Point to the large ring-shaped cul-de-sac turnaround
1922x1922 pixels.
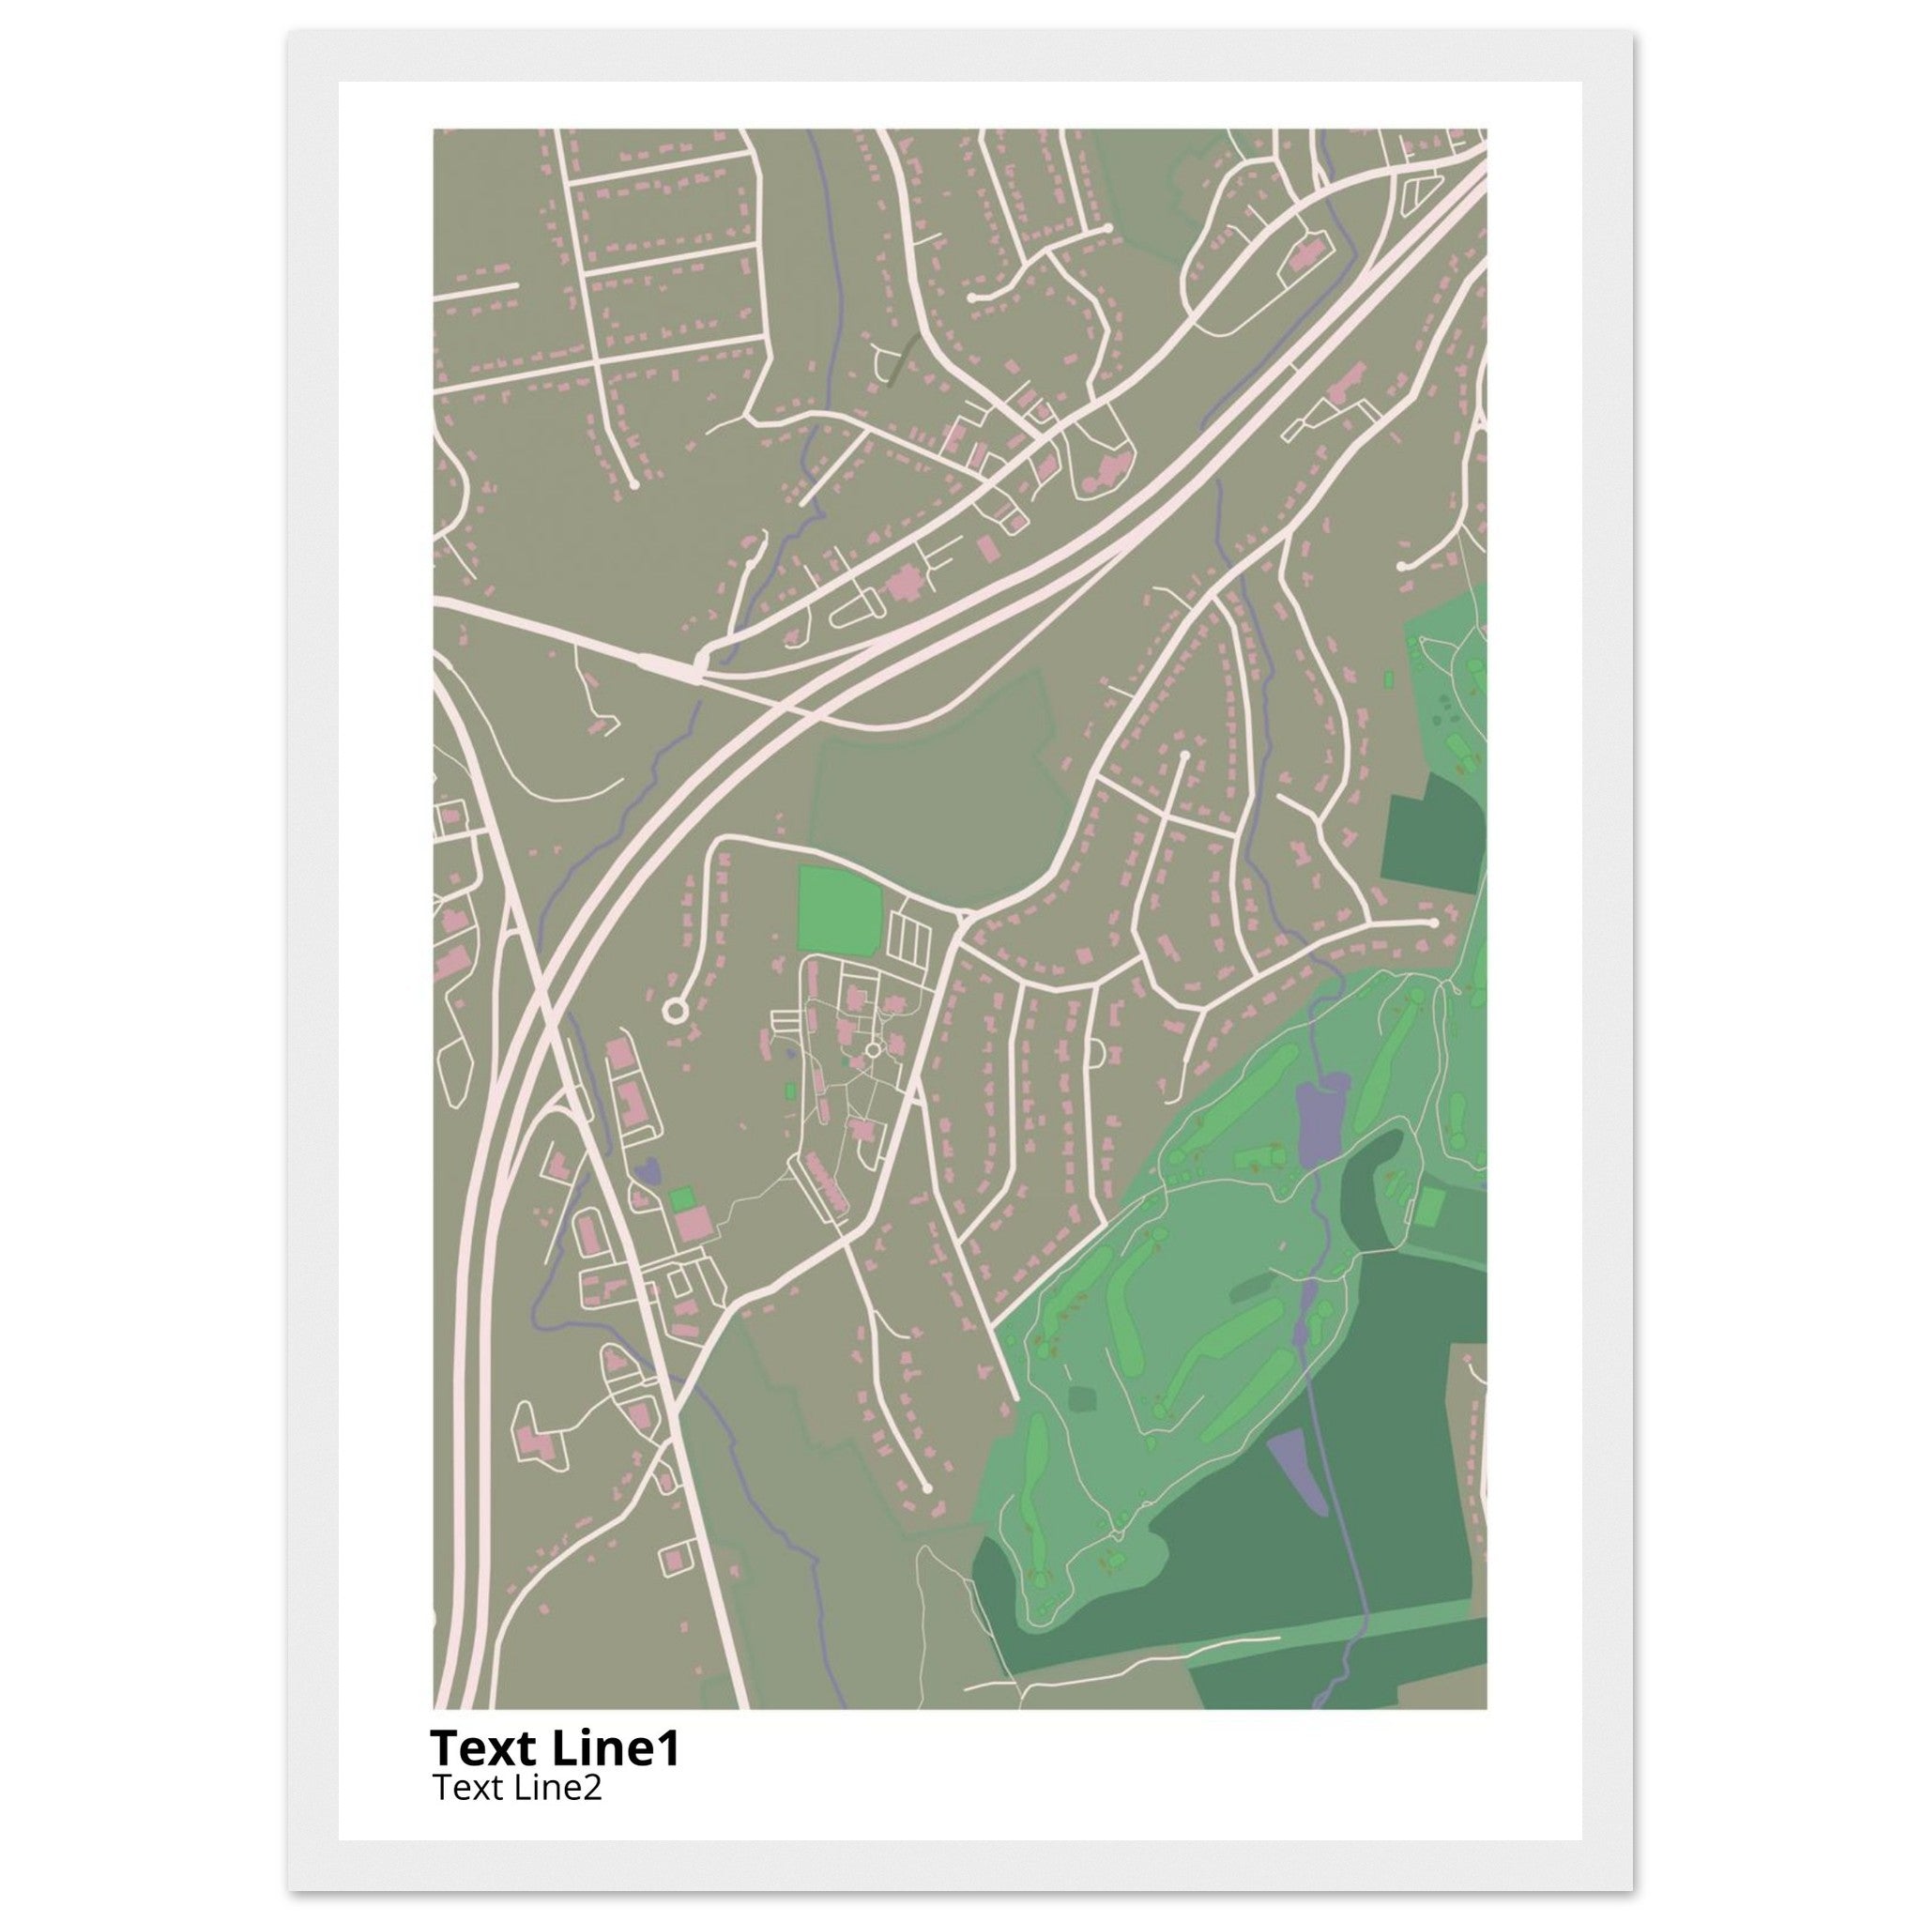pos(676,1011)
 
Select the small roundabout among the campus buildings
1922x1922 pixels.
pos(874,1049)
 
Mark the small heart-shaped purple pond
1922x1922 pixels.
pos(648,1171)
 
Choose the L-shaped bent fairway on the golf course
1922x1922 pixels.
pos(1204,1362)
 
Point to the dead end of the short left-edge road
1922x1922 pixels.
pos(517,286)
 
